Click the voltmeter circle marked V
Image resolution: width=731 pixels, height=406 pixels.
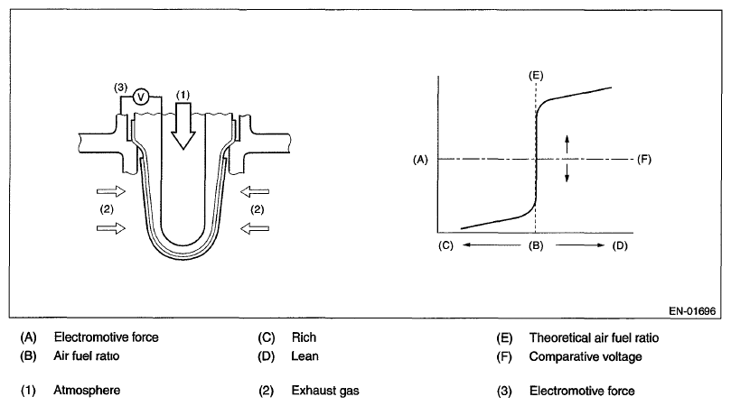coord(141,96)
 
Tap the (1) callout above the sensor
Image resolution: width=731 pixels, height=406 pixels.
coord(184,93)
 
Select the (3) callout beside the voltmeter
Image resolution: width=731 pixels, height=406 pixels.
coord(120,87)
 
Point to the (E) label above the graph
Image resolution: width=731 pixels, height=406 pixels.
coord(536,73)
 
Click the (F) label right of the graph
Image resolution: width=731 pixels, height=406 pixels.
coord(644,159)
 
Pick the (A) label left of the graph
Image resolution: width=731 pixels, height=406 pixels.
coord(418,159)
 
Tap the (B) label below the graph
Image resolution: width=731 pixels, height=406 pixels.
coord(536,245)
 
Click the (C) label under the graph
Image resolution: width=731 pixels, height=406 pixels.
coord(445,245)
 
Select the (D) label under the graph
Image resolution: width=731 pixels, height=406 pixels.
coord(620,245)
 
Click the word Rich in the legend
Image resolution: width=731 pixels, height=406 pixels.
coord(303,337)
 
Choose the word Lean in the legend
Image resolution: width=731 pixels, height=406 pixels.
coord(305,355)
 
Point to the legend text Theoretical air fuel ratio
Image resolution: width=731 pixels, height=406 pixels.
coord(594,337)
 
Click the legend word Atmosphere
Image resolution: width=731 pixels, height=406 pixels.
coord(87,391)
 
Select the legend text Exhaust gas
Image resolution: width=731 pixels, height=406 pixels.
coord(321,391)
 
